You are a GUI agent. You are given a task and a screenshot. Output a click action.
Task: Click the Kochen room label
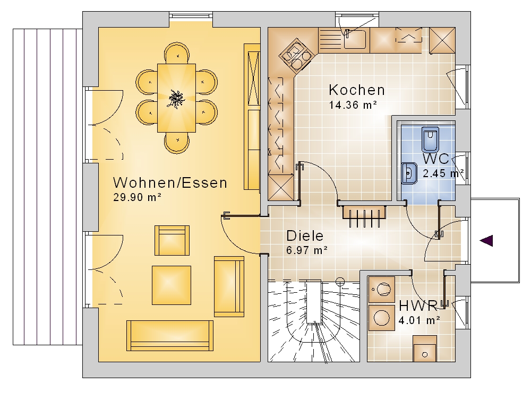[x=357, y=90]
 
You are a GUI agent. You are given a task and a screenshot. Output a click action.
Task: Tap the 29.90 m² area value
[x=137, y=197]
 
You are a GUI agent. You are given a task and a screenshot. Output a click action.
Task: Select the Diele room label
[x=305, y=235]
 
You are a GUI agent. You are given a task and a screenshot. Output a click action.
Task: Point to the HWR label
[x=418, y=305]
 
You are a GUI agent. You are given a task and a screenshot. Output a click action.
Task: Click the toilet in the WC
[x=430, y=139]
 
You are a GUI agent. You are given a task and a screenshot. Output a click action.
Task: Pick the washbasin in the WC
[x=409, y=173]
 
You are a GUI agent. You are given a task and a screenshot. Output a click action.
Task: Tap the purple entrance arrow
[x=486, y=241]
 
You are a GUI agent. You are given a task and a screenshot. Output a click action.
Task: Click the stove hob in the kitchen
[x=296, y=56]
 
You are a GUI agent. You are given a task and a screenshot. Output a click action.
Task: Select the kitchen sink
[x=355, y=39]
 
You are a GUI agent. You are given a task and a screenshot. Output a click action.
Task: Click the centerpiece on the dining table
[x=176, y=99]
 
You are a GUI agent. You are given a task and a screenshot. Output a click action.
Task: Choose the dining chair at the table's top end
[x=176, y=53]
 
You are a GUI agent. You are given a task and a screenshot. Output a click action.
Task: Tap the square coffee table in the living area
[x=172, y=285]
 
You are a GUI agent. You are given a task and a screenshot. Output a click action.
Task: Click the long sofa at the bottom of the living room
[x=170, y=335]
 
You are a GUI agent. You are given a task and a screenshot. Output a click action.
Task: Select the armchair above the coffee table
[x=172, y=240]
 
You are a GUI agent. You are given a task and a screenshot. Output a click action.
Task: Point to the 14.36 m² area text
[x=353, y=105]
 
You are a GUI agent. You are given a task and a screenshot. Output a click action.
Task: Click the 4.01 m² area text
[x=419, y=320]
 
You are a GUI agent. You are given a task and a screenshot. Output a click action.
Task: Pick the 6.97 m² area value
[x=307, y=250]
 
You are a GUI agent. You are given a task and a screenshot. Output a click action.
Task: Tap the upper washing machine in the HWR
[x=382, y=290]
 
